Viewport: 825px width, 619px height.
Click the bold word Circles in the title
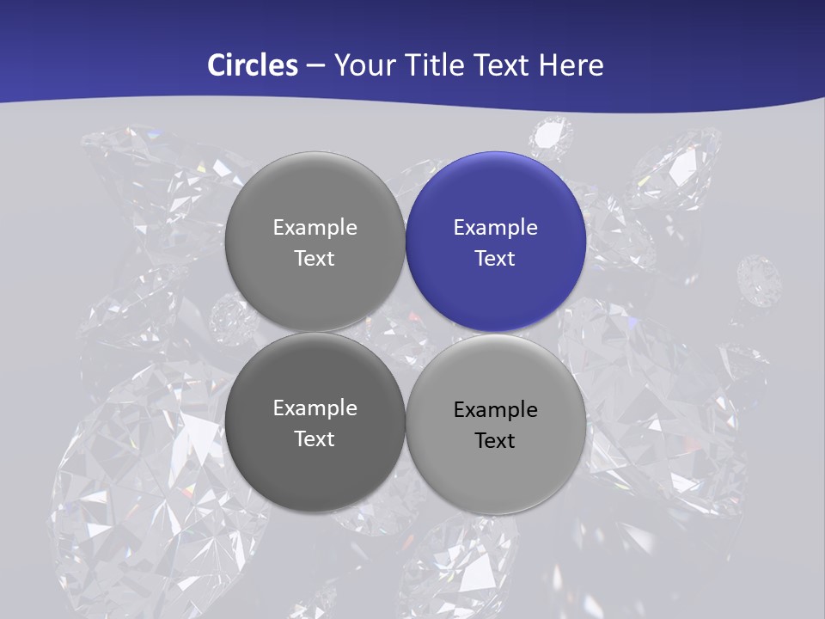252,65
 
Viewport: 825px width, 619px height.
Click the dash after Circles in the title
315,66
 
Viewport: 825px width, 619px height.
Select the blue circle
496,242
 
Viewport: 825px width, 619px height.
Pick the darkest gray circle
315,422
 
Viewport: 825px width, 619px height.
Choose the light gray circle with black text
496,424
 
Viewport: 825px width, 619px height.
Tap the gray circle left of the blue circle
315,242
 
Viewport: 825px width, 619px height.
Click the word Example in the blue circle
496,228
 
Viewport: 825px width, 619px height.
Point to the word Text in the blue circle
496,258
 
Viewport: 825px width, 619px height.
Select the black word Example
496,410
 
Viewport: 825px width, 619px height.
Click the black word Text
496,440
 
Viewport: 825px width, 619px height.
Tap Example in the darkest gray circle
315,408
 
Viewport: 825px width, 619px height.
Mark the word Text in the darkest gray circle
315,438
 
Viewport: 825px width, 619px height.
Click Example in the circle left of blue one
315,228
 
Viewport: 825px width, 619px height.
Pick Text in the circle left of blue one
315,258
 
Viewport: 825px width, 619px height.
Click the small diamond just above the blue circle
550,135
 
